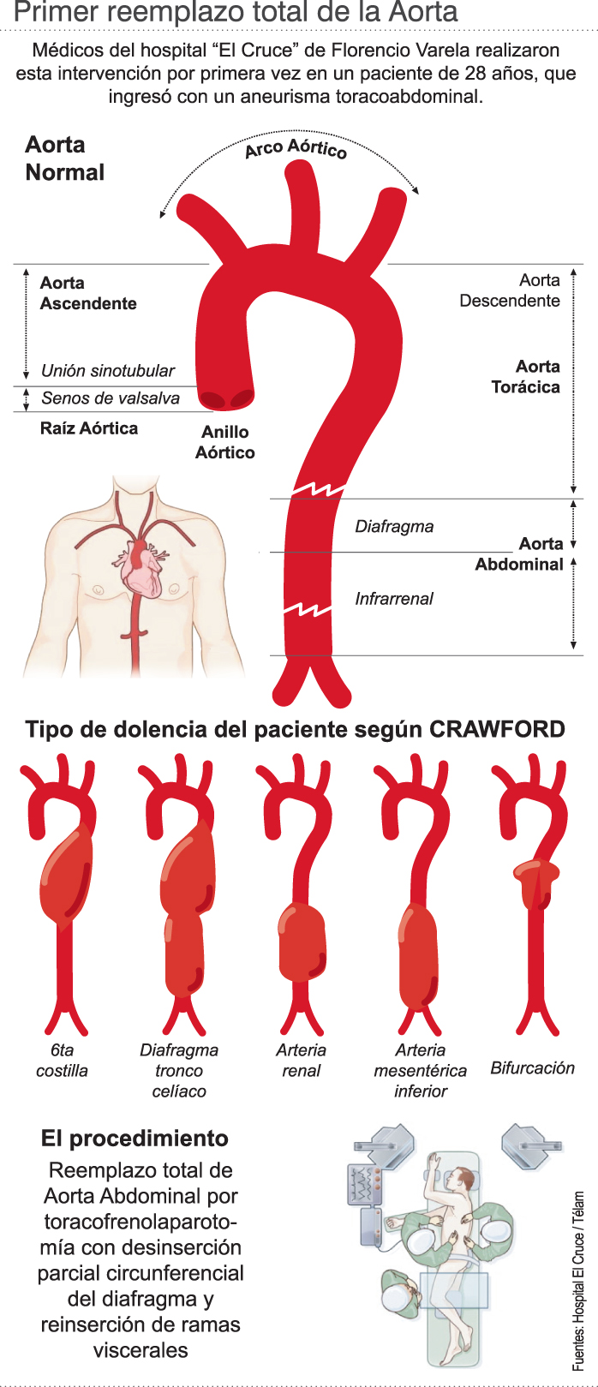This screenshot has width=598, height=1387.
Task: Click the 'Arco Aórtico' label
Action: pos(296,148)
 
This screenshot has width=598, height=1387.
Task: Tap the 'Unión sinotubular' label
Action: pos(108,371)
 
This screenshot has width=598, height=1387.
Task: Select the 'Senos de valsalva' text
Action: pos(111,398)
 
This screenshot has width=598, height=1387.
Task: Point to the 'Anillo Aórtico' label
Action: pos(225,442)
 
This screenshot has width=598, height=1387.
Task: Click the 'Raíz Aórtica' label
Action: pos(89,428)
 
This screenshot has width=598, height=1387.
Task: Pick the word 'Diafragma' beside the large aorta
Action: pos(394,526)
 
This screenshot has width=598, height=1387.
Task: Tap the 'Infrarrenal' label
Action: pos(394,599)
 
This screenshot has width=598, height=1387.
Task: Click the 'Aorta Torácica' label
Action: pos(526,377)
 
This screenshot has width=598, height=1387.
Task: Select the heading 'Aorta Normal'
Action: pos(64,158)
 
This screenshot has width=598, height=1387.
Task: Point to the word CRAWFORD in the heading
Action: pos(497,730)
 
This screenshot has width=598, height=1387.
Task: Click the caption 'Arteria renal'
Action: pos(301,1061)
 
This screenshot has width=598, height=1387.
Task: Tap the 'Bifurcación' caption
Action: pos(532,1068)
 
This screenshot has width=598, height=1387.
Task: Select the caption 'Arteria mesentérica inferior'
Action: pos(421,1071)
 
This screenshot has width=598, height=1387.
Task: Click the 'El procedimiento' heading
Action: pos(135,1139)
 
